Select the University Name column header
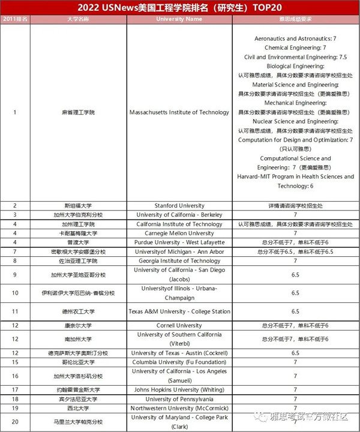(x=179, y=19)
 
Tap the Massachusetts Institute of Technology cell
(x=179, y=112)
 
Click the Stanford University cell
(x=179, y=205)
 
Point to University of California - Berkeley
(x=179, y=215)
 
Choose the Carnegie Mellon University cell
(x=179, y=233)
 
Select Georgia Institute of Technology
(x=179, y=261)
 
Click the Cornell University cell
(x=179, y=325)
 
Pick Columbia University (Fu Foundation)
(x=179, y=362)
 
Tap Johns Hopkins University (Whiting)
(x=179, y=389)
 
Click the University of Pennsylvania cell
(x=179, y=399)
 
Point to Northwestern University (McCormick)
(x=179, y=408)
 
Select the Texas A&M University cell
(x=179, y=311)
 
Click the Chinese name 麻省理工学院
(x=78, y=112)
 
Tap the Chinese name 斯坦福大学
(x=78, y=205)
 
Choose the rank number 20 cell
(x=15, y=422)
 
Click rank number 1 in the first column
(x=15, y=112)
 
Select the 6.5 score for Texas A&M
(x=295, y=311)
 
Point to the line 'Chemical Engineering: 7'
(x=295, y=47)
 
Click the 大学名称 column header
(x=78, y=19)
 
